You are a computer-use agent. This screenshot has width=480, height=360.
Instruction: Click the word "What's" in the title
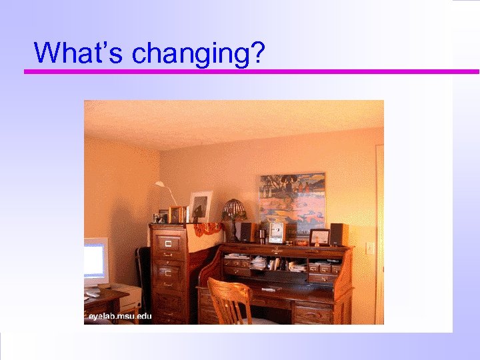click(79, 52)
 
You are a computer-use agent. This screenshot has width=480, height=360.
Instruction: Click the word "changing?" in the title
click(196, 53)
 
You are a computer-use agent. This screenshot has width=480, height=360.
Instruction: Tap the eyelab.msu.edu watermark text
click(121, 316)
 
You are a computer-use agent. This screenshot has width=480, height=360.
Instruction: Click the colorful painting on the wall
click(292, 199)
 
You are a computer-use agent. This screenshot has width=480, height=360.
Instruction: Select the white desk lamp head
click(160, 183)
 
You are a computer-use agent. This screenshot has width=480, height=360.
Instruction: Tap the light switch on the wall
click(370, 247)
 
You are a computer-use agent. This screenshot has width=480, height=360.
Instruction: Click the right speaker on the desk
click(338, 234)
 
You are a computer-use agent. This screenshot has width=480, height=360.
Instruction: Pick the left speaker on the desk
click(246, 231)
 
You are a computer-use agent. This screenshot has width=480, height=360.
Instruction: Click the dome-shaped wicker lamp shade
click(233, 209)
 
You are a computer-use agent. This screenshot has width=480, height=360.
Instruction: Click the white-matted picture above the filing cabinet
click(199, 206)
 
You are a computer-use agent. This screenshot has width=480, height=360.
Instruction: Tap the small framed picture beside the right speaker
click(319, 237)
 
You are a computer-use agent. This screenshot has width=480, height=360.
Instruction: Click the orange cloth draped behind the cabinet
click(207, 229)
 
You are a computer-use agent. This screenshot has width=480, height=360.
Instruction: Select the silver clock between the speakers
click(276, 232)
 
